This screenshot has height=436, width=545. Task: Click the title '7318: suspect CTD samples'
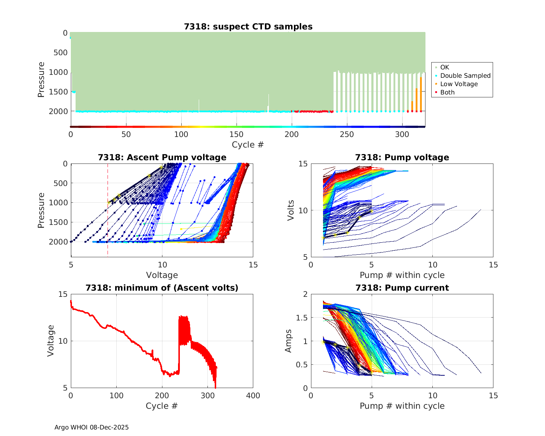pyautogui.click(x=248, y=27)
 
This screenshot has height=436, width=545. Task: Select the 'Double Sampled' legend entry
pyautogui.click(x=465, y=76)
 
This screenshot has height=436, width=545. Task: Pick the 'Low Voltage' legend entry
pyautogui.click(x=459, y=84)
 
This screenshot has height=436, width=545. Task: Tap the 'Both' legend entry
pyautogui.click(x=447, y=92)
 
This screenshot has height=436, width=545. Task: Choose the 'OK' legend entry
pyautogui.click(x=444, y=67)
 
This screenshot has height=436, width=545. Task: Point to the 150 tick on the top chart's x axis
pyautogui.click(x=237, y=134)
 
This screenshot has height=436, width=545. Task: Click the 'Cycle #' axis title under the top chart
pyautogui.click(x=248, y=145)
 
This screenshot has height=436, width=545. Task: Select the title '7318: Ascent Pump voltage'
pyautogui.click(x=162, y=157)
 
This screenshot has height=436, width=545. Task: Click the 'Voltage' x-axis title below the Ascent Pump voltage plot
pyautogui.click(x=162, y=275)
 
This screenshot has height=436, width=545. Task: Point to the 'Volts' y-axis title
pyautogui.click(x=291, y=210)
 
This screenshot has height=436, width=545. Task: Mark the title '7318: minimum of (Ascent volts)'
pyautogui.click(x=162, y=288)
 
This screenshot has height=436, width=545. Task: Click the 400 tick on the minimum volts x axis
pyautogui.click(x=253, y=396)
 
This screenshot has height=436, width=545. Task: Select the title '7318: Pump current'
pyautogui.click(x=402, y=288)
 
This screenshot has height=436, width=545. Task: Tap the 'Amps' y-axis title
pyautogui.click(x=288, y=341)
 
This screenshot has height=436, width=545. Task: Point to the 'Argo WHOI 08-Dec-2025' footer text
pyautogui.click(x=92, y=427)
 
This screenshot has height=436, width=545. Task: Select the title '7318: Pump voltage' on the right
pyautogui.click(x=402, y=157)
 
